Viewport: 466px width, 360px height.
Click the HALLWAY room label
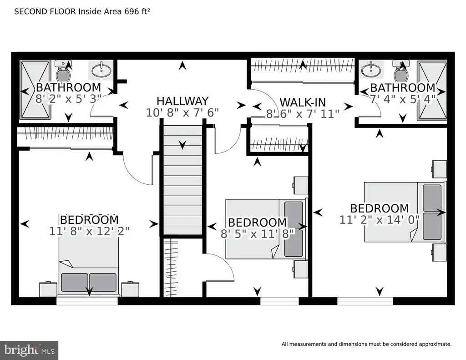(x=182, y=101)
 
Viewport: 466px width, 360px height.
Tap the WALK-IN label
(x=303, y=102)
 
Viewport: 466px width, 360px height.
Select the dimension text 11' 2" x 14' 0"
(x=380, y=220)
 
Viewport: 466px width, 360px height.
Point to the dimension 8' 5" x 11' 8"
(x=258, y=234)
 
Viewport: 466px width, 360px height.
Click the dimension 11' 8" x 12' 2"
(x=89, y=231)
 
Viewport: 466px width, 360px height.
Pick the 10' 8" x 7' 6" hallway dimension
(x=182, y=113)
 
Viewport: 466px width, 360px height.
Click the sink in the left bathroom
(x=101, y=71)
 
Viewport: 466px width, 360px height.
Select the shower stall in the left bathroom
(x=35, y=91)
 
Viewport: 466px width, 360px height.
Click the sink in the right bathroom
(x=370, y=71)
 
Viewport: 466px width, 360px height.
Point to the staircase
(x=183, y=180)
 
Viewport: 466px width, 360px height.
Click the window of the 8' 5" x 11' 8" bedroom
(x=280, y=301)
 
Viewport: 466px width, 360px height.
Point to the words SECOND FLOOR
(x=46, y=11)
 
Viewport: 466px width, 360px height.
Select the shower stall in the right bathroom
(x=431, y=91)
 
